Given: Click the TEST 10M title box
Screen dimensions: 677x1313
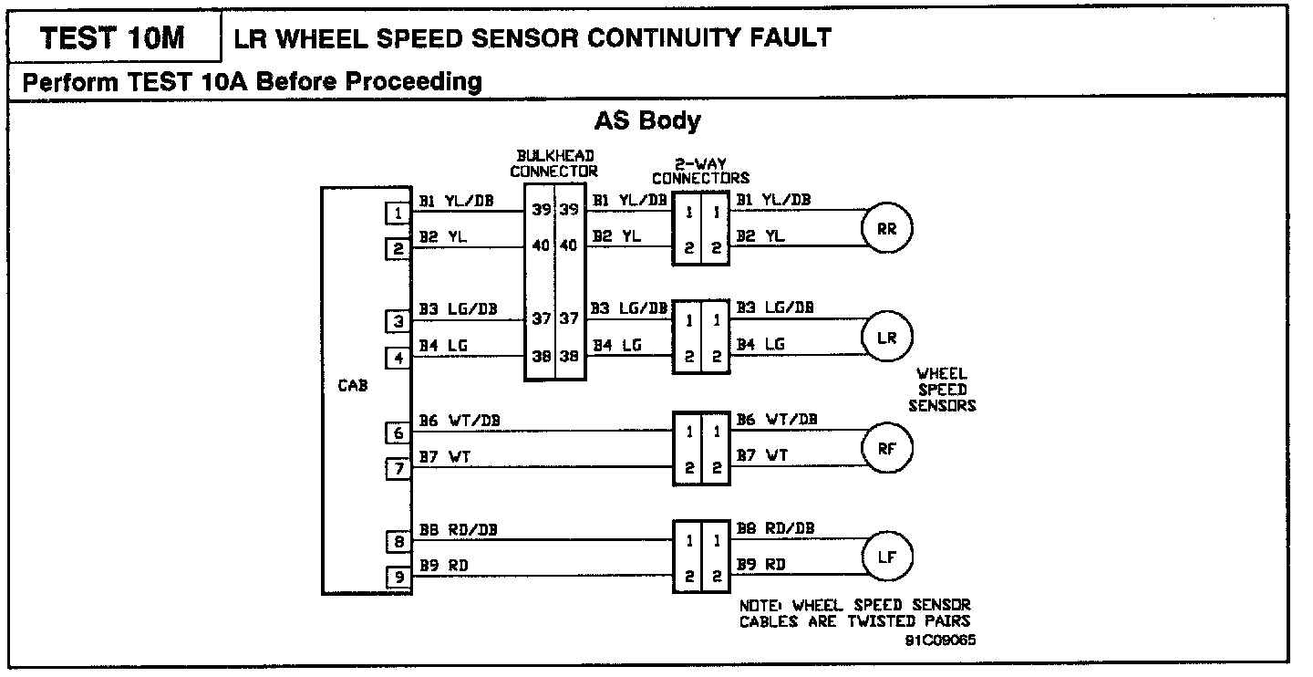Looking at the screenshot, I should (113, 38).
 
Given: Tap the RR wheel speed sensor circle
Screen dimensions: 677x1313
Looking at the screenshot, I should (886, 229).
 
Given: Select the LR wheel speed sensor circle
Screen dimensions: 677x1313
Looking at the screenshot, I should (886, 338).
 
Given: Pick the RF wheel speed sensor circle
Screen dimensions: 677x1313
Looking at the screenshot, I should (886, 448).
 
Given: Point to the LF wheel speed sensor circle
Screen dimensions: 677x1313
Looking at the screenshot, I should (886, 557).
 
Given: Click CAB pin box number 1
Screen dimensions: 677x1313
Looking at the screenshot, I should (398, 213).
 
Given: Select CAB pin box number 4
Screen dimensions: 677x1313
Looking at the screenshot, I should (398, 359).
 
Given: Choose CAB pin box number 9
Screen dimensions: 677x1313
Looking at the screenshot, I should (398, 577).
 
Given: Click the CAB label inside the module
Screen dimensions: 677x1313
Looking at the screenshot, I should (352, 386).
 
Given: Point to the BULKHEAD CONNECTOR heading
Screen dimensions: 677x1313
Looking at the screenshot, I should (553, 163).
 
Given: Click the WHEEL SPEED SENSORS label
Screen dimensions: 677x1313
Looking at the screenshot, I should (942, 390).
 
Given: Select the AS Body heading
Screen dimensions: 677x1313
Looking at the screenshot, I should (647, 120).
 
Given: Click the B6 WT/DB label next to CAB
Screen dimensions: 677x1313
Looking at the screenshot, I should (459, 421).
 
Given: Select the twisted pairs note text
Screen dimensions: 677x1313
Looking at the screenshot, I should (854, 613).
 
